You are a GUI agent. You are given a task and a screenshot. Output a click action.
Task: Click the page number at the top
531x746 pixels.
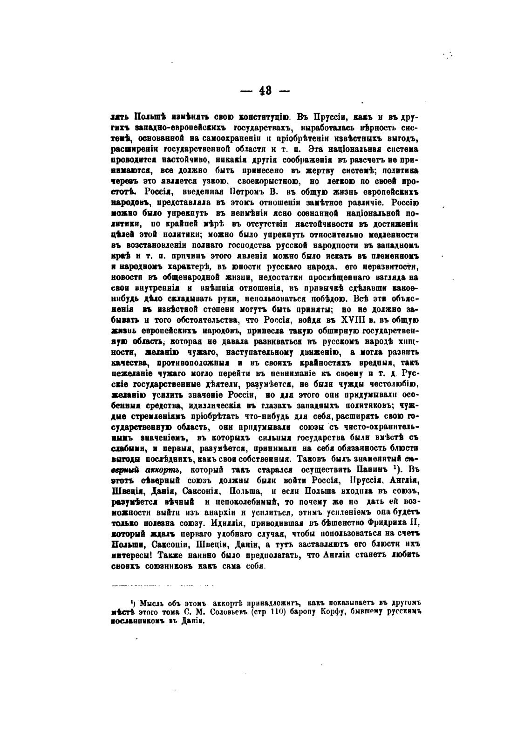click(x=265, y=91)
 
